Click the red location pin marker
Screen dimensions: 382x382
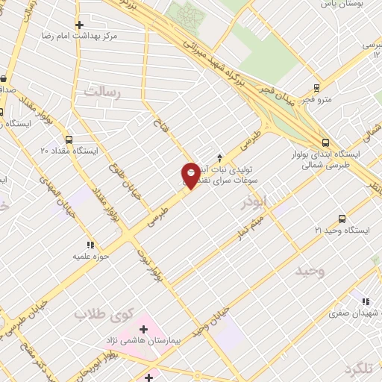[190, 175]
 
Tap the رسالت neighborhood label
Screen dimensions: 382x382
[103, 92]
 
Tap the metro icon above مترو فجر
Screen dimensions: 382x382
[317, 87]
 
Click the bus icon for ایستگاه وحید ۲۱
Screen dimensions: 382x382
[341, 219]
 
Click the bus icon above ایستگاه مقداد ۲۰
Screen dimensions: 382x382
[69, 139]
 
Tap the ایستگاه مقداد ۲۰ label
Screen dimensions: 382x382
[69, 151]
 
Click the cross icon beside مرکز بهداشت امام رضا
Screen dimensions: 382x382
[79, 25]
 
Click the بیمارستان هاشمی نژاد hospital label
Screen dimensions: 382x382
[144, 340]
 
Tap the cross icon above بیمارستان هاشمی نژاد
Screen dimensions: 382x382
[144, 328]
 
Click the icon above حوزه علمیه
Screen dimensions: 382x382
[90, 244]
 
